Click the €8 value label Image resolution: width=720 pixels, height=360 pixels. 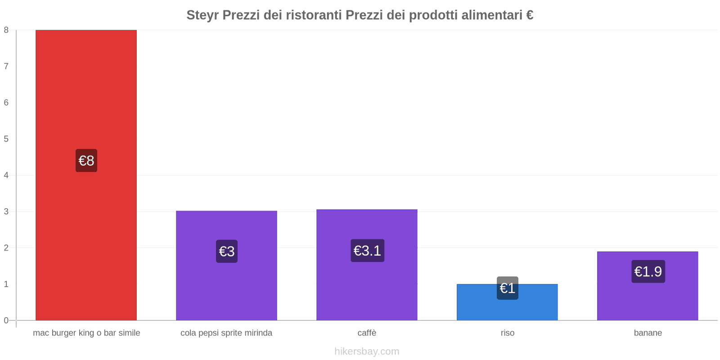point(86,161)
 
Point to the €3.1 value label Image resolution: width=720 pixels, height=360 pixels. point(367,251)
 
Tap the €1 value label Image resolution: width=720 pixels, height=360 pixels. point(508,288)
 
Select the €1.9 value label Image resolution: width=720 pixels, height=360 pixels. point(648,272)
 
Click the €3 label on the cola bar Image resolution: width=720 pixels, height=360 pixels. point(227,251)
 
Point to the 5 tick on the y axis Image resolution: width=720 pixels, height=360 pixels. point(6,139)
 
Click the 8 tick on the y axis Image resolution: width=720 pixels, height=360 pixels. point(6,30)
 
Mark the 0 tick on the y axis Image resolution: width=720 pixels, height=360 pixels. point(6,320)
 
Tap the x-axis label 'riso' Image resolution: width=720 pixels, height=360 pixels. point(508,333)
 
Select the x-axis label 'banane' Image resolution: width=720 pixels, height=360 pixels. point(648,333)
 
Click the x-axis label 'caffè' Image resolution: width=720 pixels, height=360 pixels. point(367,333)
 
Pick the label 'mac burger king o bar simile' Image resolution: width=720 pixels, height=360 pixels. point(86,333)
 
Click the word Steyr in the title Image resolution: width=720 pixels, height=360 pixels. point(202,15)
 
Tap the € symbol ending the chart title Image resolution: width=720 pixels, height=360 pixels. point(530,15)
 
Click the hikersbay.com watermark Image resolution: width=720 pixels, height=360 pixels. point(367,351)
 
